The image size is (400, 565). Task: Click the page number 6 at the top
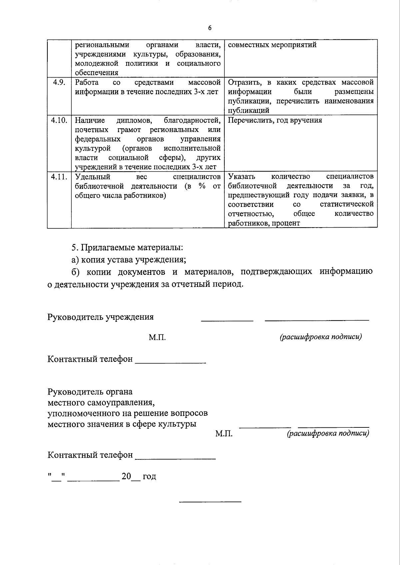coord(210,28)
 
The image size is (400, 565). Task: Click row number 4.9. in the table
coord(59,82)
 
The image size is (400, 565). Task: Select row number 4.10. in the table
coord(59,120)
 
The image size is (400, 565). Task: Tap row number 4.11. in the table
coord(59,177)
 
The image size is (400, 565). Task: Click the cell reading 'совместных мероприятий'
coord(272,45)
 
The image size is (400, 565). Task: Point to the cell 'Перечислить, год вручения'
coord(275,120)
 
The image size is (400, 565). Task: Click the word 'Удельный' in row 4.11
coord(92,177)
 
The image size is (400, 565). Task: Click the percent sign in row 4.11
coord(202,186)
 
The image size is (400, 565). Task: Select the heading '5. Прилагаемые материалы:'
coord(127,248)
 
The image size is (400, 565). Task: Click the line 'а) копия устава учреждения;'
coord(129,260)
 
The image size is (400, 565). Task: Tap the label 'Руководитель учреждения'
coord(101,317)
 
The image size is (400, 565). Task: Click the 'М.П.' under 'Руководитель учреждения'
coord(157,337)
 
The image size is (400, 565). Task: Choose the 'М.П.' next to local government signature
coord(224,434)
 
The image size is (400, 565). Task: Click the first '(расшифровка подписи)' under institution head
coord(321,337)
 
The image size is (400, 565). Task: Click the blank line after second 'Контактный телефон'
coord(175,458)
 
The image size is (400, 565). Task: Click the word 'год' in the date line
coord(149,476)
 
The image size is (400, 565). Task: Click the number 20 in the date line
coord(126,476)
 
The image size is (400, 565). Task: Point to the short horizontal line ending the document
coord(210,501)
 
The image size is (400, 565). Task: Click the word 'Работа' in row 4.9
coord(87,82)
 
